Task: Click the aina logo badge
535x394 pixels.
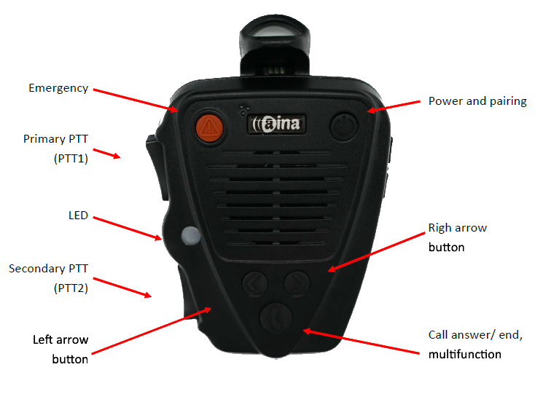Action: pos(276,125)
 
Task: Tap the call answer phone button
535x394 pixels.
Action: pos(276,318)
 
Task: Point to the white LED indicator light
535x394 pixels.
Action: pos(190,235)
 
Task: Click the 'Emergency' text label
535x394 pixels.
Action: pos(58,88)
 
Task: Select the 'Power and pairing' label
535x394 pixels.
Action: pos(477,101)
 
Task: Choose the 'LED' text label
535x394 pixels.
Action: pos(77,216)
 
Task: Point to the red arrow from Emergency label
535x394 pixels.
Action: pos(136,101)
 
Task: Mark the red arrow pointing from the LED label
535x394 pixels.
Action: pos(128,226)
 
